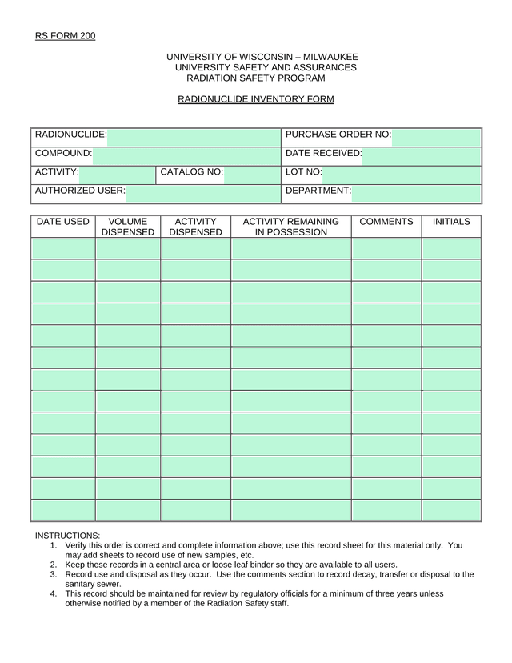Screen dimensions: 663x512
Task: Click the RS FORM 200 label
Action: click(x=65, y=35)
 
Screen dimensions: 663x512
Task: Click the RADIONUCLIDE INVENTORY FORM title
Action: click(x=255, y=99)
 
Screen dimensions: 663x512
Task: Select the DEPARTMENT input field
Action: click(x=416, y=194)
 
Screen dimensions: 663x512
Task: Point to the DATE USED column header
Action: click(x=63, y=222)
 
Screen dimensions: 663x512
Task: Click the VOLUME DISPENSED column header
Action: click(x=128, y=227)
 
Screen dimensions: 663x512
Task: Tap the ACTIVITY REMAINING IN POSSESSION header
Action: click(x=291, y=227)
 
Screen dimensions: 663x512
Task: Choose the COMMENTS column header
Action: click(x=386, y=222)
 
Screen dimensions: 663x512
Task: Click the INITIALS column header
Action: click(x=451, y=222)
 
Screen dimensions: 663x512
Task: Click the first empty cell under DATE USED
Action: click(x=63, y=248)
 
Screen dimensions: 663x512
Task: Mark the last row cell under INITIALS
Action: click(x=451, y=510)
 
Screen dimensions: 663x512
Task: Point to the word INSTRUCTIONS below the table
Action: click(x=67, y=535)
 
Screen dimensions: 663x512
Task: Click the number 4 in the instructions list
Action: click(x=53, y=593)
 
